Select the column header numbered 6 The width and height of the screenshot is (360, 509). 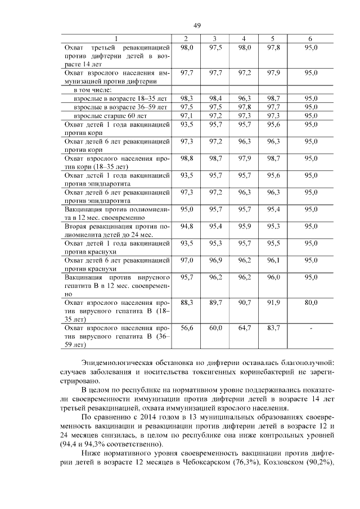click(310, 38)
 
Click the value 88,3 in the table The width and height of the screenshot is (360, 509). click(187, 303)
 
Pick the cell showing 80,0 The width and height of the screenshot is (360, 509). click(310, 303)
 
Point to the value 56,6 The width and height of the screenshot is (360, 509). click(187, 328)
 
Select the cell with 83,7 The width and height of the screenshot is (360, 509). click(273, 328)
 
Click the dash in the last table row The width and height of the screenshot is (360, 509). click(310, 328)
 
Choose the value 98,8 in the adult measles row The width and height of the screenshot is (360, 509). click(187, 159)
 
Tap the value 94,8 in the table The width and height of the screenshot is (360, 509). click(187, 226)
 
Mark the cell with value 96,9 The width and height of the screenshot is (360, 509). click(215, 260)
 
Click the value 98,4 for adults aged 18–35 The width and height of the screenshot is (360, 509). click(215, 98)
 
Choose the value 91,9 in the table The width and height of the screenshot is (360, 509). click(273, 303)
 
